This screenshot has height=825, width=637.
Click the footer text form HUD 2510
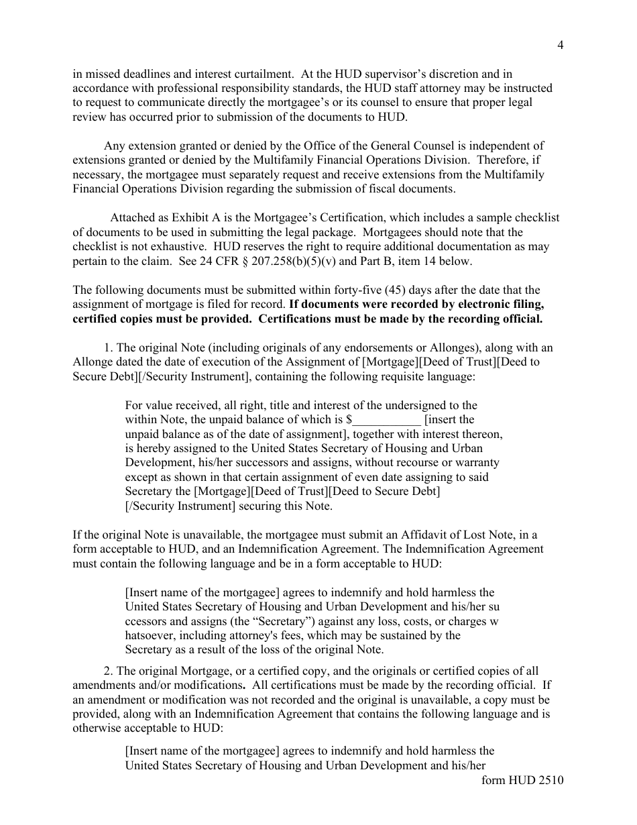523,780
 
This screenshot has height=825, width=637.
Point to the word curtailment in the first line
261,74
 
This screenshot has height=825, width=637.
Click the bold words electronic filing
495,305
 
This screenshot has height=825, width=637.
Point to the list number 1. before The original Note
109,347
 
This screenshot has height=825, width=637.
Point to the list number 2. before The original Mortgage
109,671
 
